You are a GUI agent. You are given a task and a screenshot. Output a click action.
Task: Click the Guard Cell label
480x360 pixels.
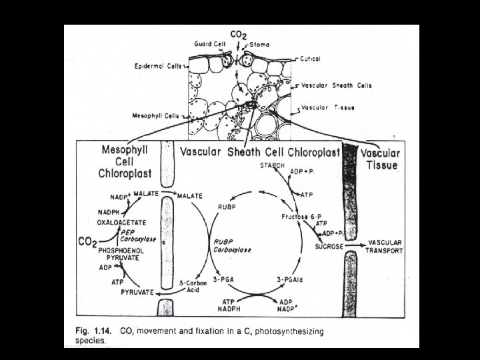tap(209, 43)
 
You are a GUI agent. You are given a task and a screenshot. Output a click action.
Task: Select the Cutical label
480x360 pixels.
tap(311, 59)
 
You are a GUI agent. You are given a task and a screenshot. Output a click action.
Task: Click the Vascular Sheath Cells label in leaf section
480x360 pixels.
tap(337, 85)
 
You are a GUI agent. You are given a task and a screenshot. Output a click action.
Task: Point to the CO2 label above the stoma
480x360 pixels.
tap(237, 34)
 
